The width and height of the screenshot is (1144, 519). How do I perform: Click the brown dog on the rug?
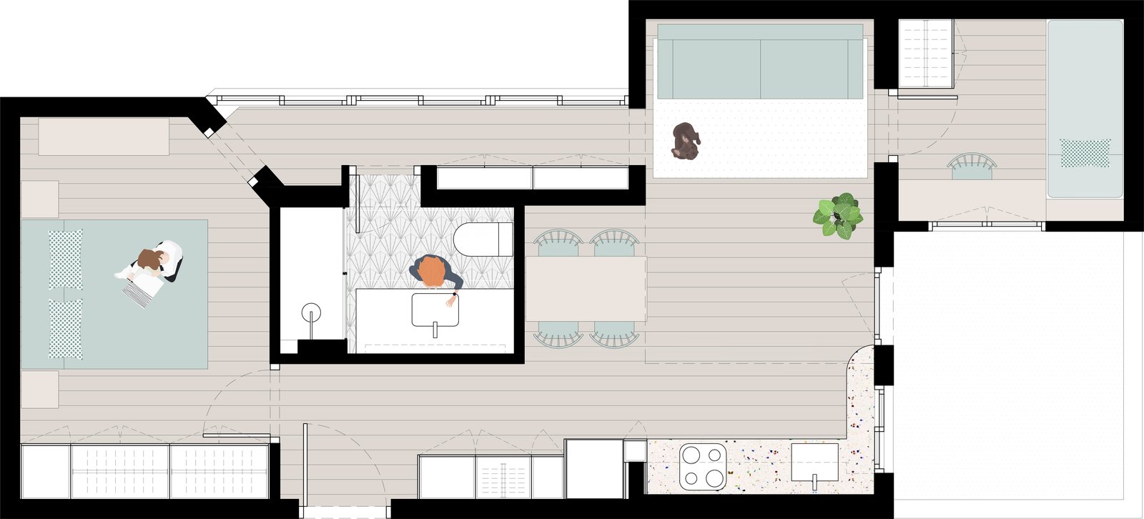pyautogui.click(x=686, y=140)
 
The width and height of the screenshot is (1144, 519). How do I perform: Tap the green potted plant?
pyautogui.click(x=837, y=214)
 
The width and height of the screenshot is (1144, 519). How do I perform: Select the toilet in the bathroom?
pyautogui.click(x=483, y=239)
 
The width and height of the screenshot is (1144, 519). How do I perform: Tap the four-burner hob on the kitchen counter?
pyautogui.click(x=702, y=466)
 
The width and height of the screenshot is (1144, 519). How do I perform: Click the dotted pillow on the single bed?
pyautogui.click(x=1085, y=153)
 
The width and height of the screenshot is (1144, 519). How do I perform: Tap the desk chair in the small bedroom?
pyautogui.click(x=972, y=165)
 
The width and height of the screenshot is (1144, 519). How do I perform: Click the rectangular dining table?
pyautogui.click(x=586, y=288)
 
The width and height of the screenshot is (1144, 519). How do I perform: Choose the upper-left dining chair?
pyautogui.click(x=558, y=242)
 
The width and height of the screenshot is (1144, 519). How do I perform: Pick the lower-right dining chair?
pyautogui.click(x=614, y=333)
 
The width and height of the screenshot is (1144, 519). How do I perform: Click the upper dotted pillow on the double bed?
pyautogui.click(x=65, y=259)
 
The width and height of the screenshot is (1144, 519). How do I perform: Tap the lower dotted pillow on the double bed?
pyautogui.click(x=65, y=329)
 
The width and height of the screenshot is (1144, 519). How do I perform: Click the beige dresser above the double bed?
pyautogui.click(x=104, y=137)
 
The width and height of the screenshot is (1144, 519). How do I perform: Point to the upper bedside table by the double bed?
pyautogui.click(x=39, y=199)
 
